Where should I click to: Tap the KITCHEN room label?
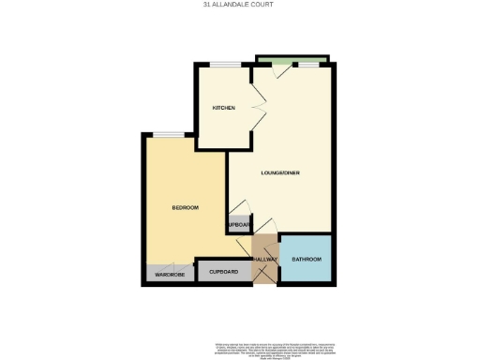pos(222,109)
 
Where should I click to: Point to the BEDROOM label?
pos(185,207)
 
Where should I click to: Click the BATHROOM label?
pos(307,259)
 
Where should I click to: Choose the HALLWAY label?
pos(265,259)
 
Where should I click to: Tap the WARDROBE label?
pos(170,274)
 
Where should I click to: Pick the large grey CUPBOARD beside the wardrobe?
pos(224,272)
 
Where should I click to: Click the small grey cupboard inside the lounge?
pos(238,226)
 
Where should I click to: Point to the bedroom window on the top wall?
pos(169,134)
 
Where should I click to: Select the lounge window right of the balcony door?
pos(308,65)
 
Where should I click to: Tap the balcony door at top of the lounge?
pos(277,68)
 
